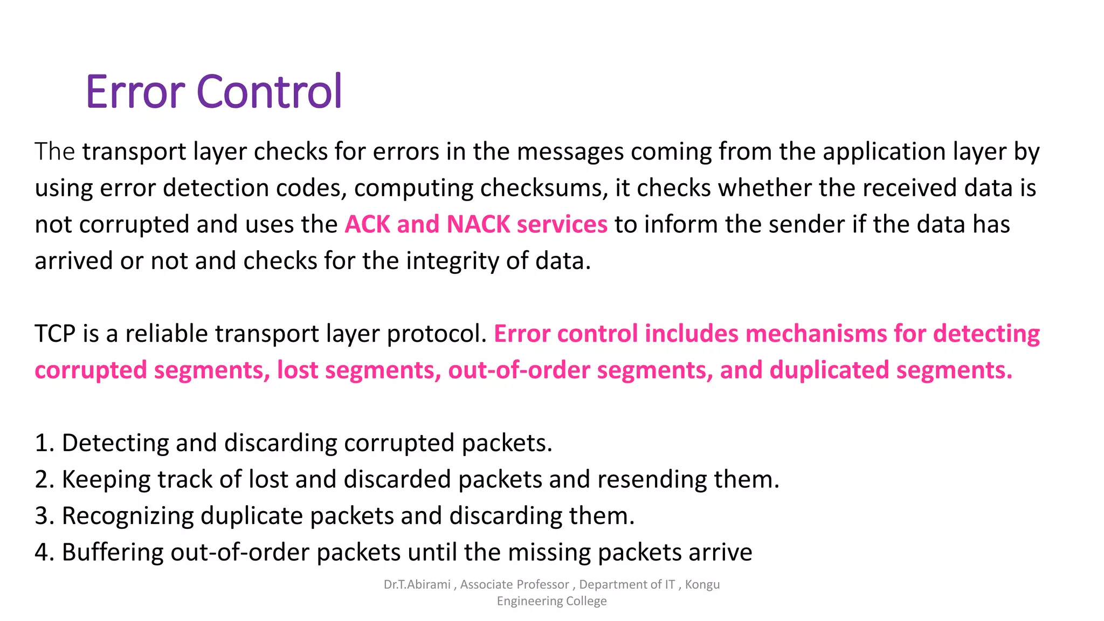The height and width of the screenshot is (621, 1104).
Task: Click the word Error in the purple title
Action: coord(135,92)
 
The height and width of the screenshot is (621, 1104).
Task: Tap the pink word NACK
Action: coord(478,224)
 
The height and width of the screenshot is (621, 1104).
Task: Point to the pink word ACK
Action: coord(367,224)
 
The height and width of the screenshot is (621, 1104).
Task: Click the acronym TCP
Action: coord(55,334)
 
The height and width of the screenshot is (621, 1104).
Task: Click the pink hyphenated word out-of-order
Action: coord(519,370)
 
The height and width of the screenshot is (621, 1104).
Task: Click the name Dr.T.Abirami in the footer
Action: coord(417,585)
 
